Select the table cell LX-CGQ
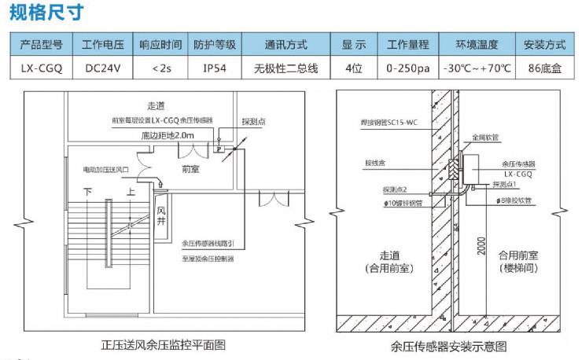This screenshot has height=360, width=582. tap(42, 68)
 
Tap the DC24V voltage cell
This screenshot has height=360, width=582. tap(101, 68)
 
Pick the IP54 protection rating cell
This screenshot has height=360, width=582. tap(214, 68)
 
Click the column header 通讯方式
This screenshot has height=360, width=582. tap(286, 45)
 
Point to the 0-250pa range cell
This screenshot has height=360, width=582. tap(408, 68)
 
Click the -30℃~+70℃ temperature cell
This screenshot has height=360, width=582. tap(477, 68)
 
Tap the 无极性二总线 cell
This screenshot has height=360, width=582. tap(286, 68)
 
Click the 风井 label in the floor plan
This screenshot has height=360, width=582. tap(160, 216)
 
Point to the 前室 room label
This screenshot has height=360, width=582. tap(190, 167)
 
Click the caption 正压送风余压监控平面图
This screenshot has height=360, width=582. tap(164, 345)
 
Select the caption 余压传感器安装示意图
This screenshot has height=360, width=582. tap(448, 345)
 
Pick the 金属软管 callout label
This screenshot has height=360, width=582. tap(485, 136)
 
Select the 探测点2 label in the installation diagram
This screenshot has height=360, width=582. tap(395, 189)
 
